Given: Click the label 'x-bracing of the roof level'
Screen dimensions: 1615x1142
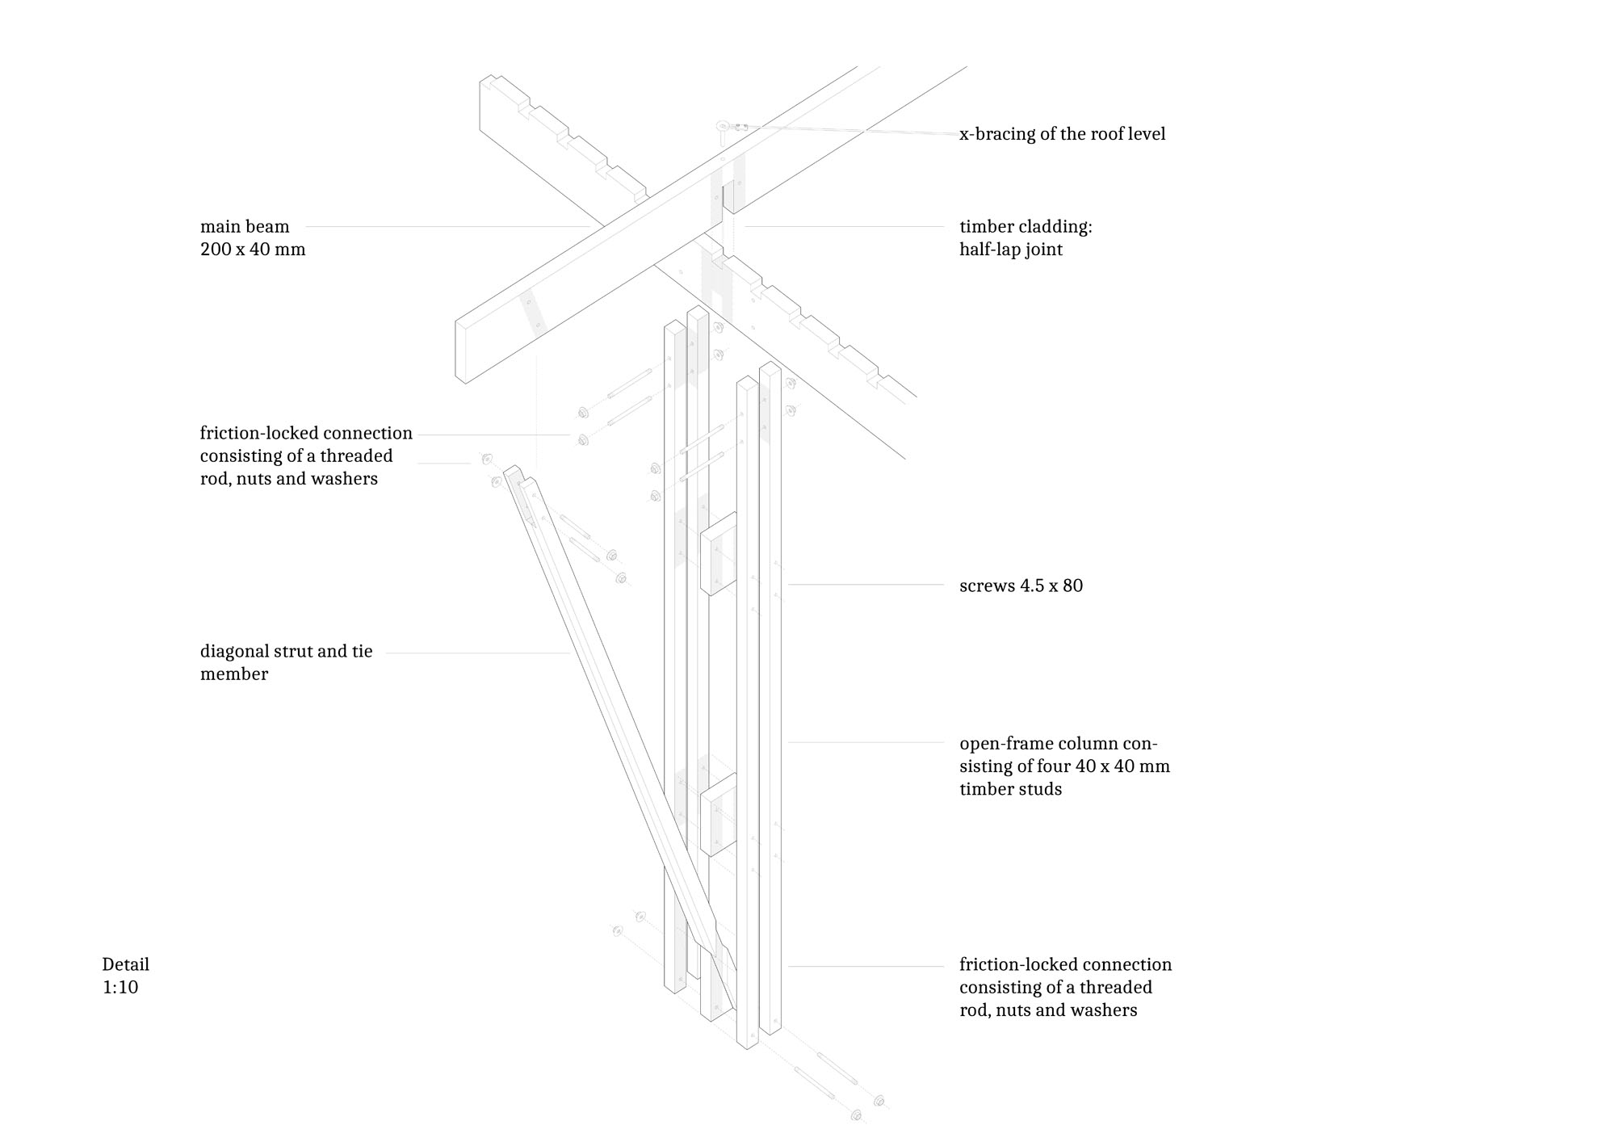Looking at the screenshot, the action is (1062, 134).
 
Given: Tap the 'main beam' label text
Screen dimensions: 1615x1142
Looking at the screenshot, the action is (245, 227).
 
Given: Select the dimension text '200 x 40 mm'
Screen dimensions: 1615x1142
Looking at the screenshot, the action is (253, 250).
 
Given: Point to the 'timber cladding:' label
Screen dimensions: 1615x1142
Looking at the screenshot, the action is (1026, 227).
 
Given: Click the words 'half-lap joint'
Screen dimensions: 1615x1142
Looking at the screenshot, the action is (1011, 250).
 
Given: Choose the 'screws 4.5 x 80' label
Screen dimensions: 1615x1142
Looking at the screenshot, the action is (1021, 586).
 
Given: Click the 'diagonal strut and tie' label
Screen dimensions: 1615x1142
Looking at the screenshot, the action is (287, 652).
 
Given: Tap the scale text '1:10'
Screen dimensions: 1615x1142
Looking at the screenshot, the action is (120, 987).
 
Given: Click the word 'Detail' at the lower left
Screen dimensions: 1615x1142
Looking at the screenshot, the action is (126, 964).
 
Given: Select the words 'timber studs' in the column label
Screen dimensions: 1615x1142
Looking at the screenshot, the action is (1010, 789).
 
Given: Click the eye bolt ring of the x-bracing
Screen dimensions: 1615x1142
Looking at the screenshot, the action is (723, 127).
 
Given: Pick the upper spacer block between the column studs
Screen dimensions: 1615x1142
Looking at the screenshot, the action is (718, 554).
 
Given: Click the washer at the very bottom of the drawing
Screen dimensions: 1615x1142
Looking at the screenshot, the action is (857, 1115).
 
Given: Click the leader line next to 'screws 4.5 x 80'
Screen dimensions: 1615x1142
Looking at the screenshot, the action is (866, 585).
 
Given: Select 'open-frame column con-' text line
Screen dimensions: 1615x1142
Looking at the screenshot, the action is (1059, 743).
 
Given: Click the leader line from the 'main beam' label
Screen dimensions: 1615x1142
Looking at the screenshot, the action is (447, 227).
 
